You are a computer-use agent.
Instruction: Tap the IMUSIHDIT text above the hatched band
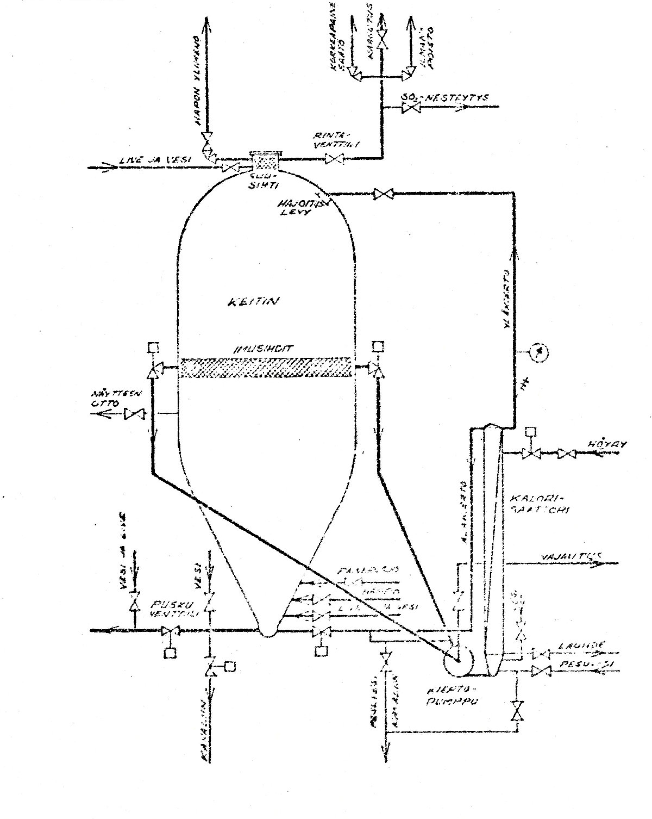[x=264, y=349]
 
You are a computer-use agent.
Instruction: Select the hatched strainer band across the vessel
[x=265, y=368]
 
